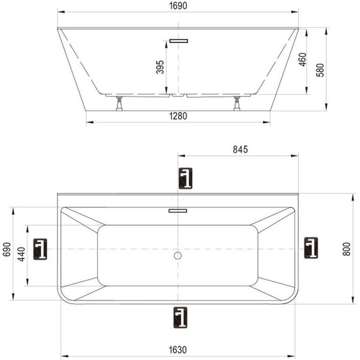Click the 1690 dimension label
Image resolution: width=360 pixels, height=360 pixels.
pyautogui.click(x=178, y=6)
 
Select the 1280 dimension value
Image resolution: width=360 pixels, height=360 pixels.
pyautogui.click(x=178, y=116)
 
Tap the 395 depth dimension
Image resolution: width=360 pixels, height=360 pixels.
pyautogui.click(x=160, y=67)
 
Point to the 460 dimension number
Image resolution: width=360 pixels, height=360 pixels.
pyautogui.click(x=303, y=59)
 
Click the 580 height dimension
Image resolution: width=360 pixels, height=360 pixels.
pyautogui.click(x=320, y=70)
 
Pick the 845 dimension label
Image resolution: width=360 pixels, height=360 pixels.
pyautogui.click(x=241, y=150)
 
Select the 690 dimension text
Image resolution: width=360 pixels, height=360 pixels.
pyautogui.click(x=7, y=249)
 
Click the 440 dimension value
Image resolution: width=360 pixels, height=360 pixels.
pyautogui.click(x=22, y=254)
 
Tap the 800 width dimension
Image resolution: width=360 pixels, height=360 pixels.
pyautogui.click(x=347, y=249)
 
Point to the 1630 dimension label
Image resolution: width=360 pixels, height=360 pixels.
pyautogui.click(x=177, y=350)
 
